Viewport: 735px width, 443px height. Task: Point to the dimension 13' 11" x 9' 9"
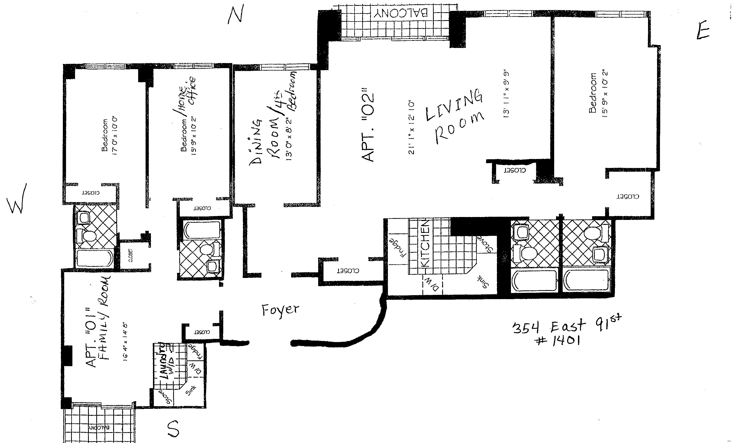click(506, 95)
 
